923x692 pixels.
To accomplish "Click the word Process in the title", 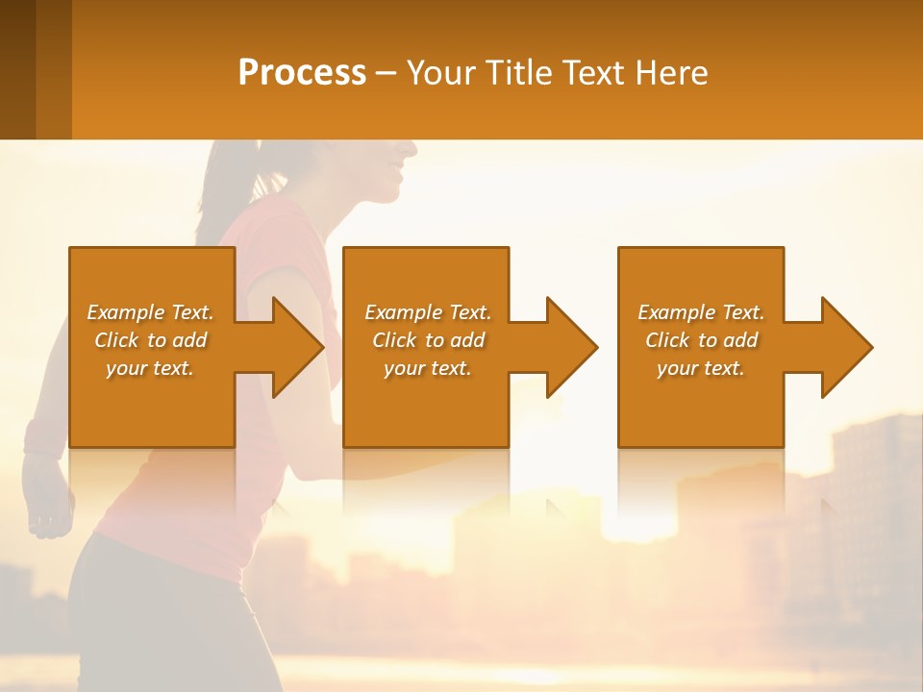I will [x=302, y=73].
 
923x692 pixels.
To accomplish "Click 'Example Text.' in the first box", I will [x=150, y=312].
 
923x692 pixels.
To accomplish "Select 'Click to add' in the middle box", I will [x=428, y=340].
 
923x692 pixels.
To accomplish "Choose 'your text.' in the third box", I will [x=701, y=368].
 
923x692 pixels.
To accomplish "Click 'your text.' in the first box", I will [x=150, y=368].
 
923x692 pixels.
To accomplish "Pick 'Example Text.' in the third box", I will [x=701, y=312].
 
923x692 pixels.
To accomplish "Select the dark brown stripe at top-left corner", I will [x=17, y=69].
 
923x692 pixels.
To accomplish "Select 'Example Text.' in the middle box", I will [x=428, y=312].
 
